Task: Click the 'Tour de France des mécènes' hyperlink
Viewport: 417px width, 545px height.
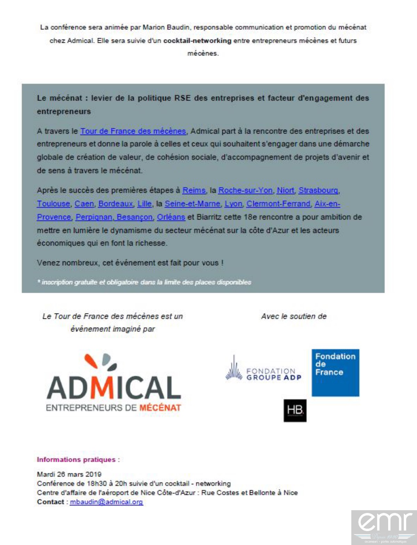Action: click(x=133, y=131)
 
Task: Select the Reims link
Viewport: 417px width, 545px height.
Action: click(x=194, y=190)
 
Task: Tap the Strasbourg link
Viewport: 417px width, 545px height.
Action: click(x=318, y=190)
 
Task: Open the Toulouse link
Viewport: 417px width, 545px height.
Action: click(x=54, y=204)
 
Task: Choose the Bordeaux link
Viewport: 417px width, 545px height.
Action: click(x=116, y=204)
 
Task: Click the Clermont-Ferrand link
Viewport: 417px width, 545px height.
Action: click(x=278, y=204)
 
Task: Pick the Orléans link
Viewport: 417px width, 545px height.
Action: click(x=171, y=217)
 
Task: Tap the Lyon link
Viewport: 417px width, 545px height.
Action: click(x=233, y=204)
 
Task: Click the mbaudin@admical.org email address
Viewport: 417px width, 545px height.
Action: click(x=106, y=502)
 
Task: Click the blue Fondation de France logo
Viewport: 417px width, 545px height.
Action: click(x=335, y=372)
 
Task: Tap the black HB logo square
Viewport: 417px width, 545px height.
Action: click(x=295, y=411)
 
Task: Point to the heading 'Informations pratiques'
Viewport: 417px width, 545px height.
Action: click(x=76, y=459)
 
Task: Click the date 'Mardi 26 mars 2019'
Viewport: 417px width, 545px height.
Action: click(x=69, y=474)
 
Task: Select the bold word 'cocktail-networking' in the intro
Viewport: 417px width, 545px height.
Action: click(x=197, y=41)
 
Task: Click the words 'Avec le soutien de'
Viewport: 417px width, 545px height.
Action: click(x=294, y=316)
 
